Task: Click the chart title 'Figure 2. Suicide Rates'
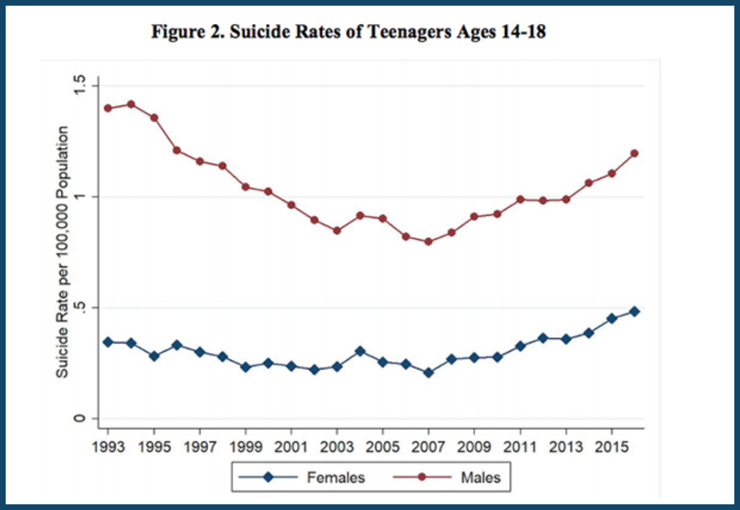point(348,32)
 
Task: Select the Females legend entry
point(336,477)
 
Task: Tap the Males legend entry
point(479,477)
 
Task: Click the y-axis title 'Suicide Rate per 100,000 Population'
point(63,252)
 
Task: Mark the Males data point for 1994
point(131,104)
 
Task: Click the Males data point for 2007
point(428,242)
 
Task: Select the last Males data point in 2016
point(634,153)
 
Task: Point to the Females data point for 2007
point(428,373)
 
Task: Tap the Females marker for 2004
point(360,351)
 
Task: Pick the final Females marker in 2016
point(634,311)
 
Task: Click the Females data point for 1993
point(108,342)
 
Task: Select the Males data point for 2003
point(337,230)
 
